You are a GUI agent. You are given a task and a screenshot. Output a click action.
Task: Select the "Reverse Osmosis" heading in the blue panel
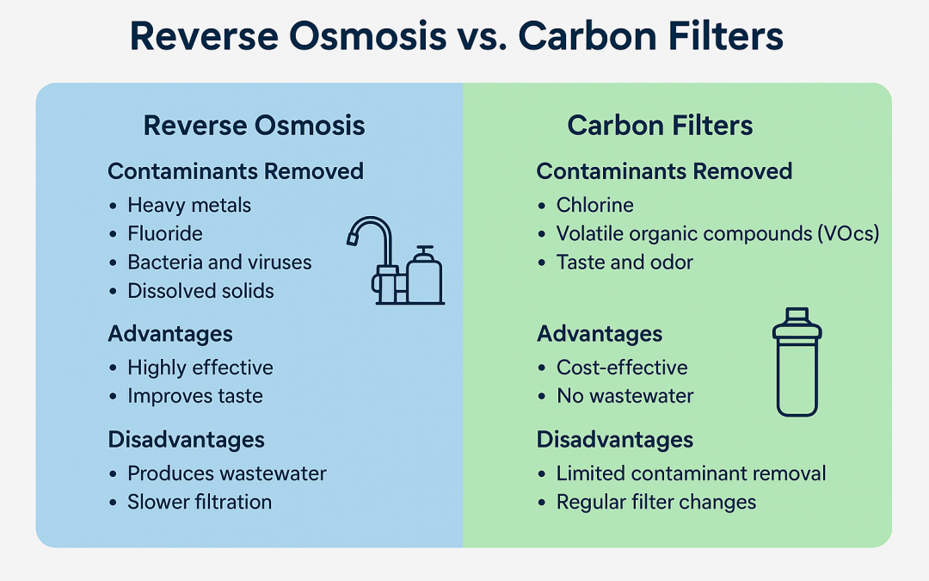254,126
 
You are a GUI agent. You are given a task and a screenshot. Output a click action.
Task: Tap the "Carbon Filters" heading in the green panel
660,126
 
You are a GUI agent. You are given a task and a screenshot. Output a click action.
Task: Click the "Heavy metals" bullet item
189,205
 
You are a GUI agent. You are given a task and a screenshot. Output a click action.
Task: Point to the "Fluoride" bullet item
165,233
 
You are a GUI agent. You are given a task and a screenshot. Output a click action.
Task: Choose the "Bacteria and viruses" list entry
219,262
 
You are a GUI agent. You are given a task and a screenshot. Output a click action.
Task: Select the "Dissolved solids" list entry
200,291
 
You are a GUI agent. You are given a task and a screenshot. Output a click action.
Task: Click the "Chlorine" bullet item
594,205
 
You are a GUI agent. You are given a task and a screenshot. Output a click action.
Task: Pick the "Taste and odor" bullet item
624,262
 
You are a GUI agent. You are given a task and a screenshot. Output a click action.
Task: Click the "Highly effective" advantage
200,368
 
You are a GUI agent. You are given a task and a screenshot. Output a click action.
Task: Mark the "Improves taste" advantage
195,396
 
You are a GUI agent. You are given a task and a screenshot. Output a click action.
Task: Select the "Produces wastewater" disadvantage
227,473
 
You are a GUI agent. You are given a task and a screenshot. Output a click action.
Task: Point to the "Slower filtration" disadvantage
200,502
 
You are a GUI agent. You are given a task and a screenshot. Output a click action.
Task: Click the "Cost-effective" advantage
622,368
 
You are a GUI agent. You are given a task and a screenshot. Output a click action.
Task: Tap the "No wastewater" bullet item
624,396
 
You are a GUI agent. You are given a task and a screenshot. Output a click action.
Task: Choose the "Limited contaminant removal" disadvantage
691,473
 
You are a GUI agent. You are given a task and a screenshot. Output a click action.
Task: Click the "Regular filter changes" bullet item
656,502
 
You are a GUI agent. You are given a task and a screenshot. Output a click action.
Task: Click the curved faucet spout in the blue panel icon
370,231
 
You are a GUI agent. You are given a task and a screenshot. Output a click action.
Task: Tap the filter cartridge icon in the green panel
797,363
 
